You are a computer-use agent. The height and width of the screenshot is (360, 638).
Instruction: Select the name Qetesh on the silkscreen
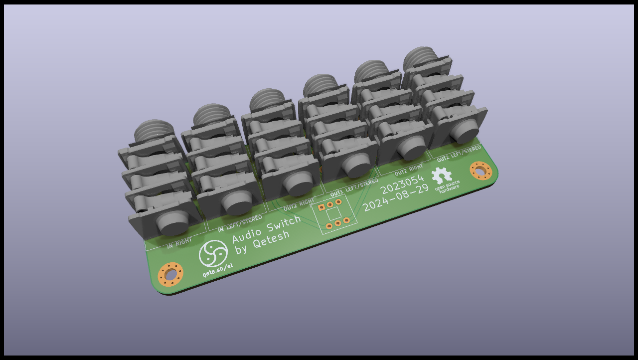point(271,240)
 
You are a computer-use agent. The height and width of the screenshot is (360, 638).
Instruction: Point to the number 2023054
point(402,184)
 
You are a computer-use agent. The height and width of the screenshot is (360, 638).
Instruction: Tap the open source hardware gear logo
point(442,176)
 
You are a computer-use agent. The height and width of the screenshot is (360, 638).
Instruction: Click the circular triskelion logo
point(213,253)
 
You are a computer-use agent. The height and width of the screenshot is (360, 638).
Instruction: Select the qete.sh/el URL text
point(217,270)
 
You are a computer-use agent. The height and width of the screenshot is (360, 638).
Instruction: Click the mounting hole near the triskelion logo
point(170,274)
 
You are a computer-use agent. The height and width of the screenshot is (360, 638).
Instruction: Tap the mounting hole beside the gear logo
point(481,171)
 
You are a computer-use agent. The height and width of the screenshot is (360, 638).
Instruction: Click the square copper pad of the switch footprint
point(321,207)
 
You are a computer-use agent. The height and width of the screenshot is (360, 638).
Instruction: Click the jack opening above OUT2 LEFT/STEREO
point(465,131)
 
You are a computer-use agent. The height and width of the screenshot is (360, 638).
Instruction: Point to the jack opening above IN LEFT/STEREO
point(236,200)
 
